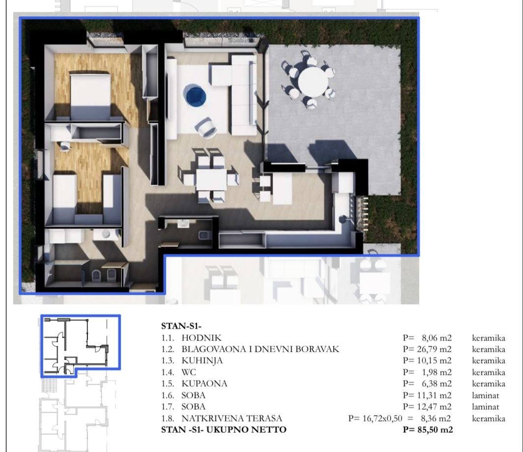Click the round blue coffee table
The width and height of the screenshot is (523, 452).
tap(195, 95)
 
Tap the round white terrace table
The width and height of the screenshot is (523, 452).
tap(313, 82)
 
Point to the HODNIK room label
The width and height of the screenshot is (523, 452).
tap(202, 338)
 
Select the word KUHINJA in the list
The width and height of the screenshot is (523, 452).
tap(202, 361)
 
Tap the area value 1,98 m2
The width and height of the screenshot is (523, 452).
tap(437, 372)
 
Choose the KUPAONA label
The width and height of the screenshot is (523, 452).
tap(204, 384)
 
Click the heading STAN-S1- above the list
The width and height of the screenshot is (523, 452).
tap(181, 326)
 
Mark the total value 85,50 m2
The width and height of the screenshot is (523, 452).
tap(435, 430)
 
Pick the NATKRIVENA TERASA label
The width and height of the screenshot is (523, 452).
tap(232, 418)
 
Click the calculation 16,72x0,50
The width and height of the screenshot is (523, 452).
tap(382, 418)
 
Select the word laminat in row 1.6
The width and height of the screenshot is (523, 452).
tap(486, 395)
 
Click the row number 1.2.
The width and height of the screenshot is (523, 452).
tap(168, 349)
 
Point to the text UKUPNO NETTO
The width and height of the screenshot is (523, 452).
tap(246, 430)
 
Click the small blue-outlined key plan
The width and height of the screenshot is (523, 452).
tap(81, 346)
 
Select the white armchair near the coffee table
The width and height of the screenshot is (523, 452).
tap(205, 127)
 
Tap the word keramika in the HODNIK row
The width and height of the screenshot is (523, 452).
tap(489, 338)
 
